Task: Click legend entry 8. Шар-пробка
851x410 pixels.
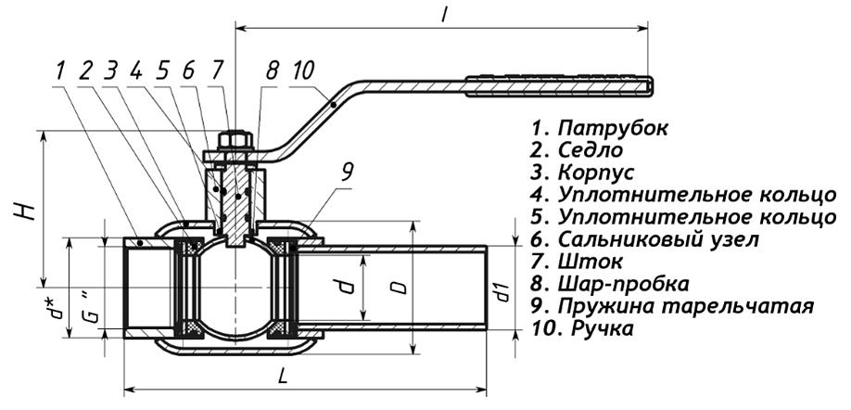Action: point(610,284)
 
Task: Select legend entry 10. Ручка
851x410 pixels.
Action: point(581,328)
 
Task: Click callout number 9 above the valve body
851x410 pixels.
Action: point(348,172)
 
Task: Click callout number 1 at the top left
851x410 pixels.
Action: point(59,70)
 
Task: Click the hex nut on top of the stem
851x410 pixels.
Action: point(235,142)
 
